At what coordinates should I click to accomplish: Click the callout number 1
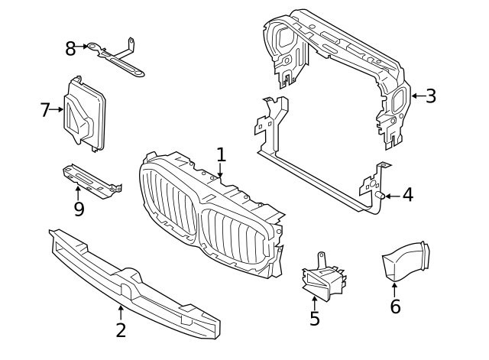coord(221,155)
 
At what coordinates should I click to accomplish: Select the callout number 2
coord(121,330)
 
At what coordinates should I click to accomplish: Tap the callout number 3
coord(431,96)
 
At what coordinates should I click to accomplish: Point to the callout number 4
coord(407,196)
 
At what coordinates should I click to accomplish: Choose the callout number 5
coord(315,318)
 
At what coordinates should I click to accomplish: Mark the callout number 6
coord(395,306)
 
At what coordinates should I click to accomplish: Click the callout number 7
coord(44,110)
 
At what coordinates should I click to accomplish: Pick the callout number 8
coord(70,49)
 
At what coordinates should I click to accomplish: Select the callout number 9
coord(79,209)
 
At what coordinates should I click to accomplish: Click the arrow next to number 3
coord(416,96)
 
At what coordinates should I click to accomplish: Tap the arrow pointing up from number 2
coord(121,312)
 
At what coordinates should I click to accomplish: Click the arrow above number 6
coord(395,289)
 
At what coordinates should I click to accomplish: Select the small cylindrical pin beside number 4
coord(378,196)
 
